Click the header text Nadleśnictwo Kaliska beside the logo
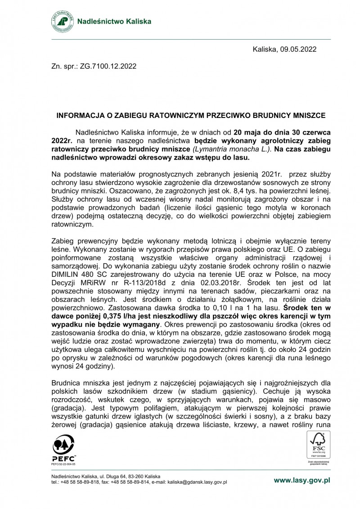click(115, 22)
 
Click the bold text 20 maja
click(248, 133)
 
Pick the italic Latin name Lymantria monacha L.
click(232, 149)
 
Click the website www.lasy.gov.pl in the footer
click(302, 480)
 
